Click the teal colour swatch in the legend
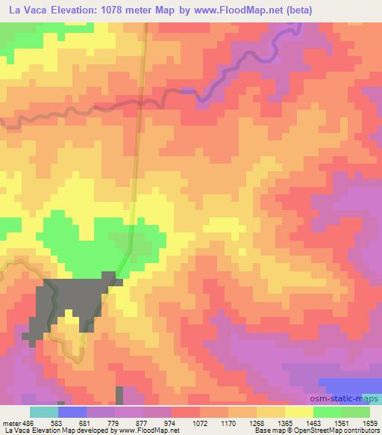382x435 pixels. (x=43, y=412)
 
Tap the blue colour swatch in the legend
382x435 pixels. (x=72, y=412)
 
